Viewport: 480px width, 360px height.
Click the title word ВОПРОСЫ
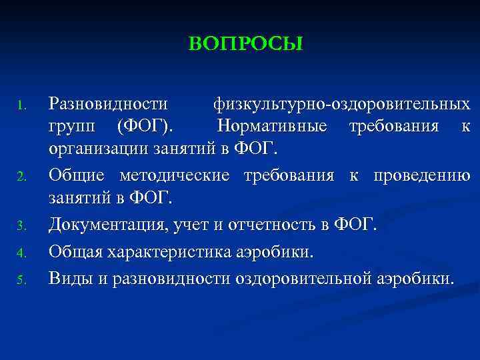point(245,44)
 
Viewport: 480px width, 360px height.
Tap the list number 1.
point(21,106)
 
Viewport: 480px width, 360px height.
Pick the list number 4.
point(21,253)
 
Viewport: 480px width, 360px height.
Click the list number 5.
point(21,278)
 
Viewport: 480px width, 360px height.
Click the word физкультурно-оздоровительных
point(341,104)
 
